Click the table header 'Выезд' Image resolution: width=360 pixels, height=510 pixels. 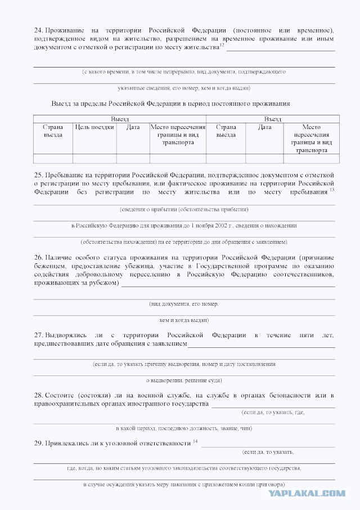(119, 119)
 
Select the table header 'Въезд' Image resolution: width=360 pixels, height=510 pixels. (273, 119)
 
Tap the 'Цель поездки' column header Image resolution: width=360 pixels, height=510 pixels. (94, 127)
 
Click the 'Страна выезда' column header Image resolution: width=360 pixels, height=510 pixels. (53, 131)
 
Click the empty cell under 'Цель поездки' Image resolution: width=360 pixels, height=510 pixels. (94, 158)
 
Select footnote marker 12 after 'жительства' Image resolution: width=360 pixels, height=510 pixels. (222, 46)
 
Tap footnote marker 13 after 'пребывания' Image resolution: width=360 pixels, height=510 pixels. (332, 190)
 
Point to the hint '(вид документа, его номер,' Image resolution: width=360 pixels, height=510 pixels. (184, 303)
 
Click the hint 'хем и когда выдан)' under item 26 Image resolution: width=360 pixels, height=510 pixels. (184, 320)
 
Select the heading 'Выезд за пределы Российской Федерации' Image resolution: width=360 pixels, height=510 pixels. (170, 104)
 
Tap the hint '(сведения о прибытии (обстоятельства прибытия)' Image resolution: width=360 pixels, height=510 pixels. (184, 209)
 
